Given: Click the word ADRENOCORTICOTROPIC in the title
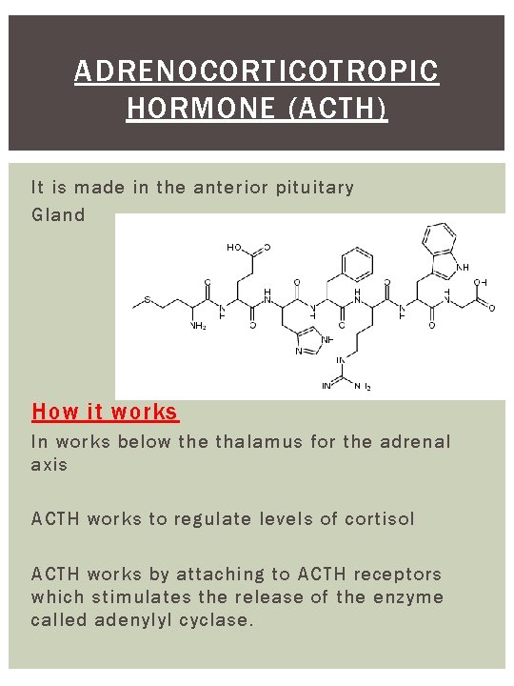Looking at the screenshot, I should [257, 71].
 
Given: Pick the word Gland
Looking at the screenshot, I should [58, 214].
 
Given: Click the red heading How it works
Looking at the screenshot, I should [105, 412].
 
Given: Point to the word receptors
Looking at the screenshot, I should [397, 574].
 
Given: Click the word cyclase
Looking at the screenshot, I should [220, 620].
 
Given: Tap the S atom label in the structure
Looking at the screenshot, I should [147, 302].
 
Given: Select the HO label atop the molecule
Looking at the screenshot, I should [233, 248].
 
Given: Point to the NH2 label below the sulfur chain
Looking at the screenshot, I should [198, 326].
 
